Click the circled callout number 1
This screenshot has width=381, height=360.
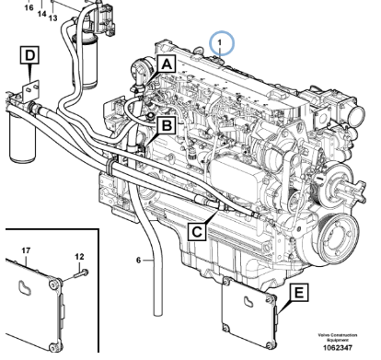point(222,41)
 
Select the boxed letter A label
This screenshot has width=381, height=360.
point(166,64)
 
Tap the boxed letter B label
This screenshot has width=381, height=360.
point(167,123)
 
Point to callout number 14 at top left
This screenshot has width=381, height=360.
point(40,15)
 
